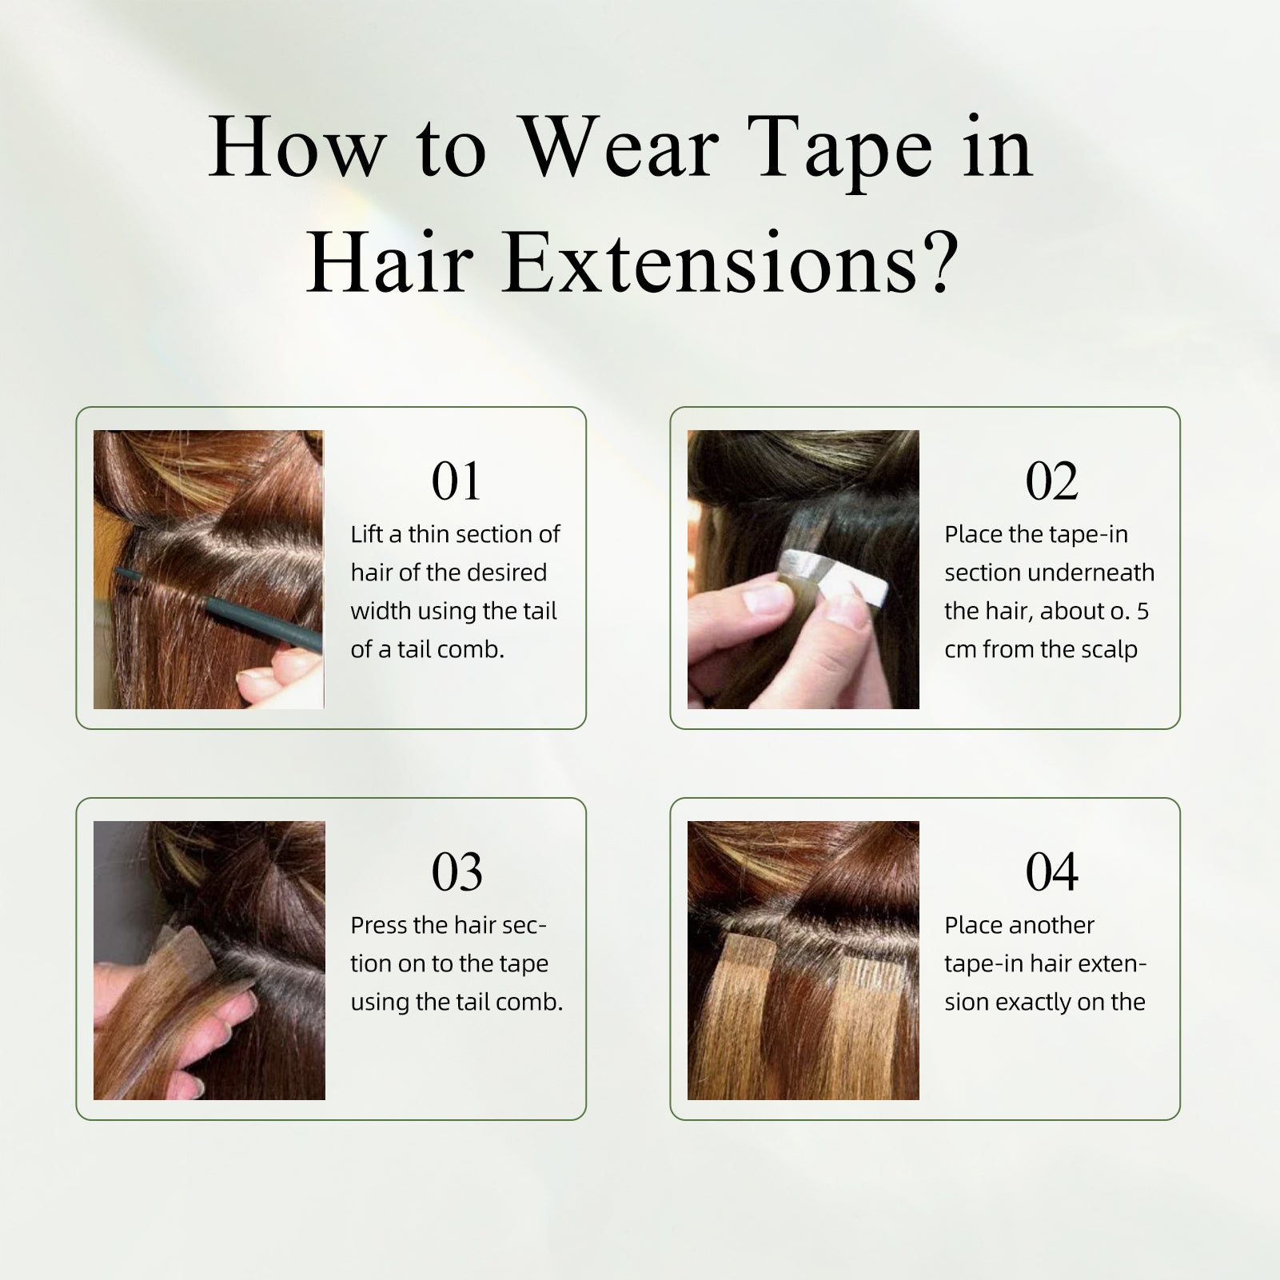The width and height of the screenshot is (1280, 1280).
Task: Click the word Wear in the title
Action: [620, 149]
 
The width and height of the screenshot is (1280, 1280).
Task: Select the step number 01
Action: [456, 481]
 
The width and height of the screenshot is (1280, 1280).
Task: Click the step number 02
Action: [1051, 481]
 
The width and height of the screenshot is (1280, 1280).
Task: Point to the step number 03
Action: [457, 872]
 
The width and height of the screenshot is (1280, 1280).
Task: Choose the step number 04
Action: [1051, 872]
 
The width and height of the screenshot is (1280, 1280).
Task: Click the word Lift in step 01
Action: [365, 534]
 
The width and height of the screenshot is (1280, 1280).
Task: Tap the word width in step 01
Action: [381, 611]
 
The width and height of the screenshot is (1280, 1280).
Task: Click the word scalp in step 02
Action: [1111, 650]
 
